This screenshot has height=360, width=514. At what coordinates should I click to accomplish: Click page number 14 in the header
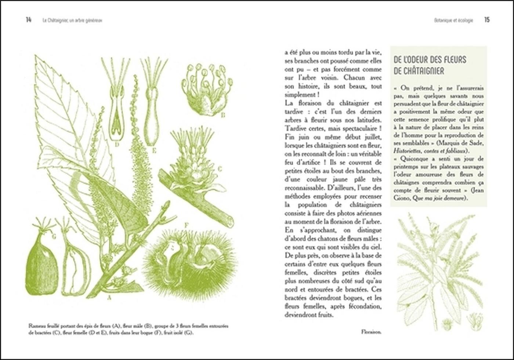tap(28, 20)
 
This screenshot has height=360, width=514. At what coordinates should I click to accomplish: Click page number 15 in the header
tap(486, 20)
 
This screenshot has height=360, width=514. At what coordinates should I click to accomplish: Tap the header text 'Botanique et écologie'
tap(453, 21)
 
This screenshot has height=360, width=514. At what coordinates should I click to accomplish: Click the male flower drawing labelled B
tap(206, 88)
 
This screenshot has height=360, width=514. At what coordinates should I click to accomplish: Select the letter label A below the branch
tap(109, 298)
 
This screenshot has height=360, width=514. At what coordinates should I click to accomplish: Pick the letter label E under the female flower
tap(154, 150)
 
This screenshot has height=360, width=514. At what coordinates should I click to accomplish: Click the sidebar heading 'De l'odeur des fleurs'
tap(429, 60)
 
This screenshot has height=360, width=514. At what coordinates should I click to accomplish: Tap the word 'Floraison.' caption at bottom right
tap(371, 332)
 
